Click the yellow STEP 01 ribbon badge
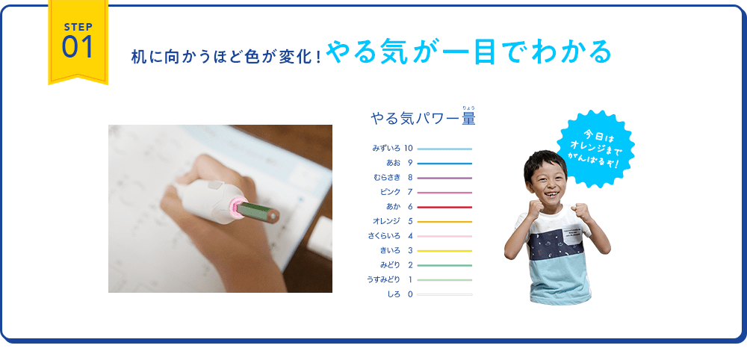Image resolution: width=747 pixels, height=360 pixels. (78, 42)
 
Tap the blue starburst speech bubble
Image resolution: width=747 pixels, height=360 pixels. (595, 148)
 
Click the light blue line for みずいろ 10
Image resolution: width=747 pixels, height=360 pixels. (444, 149)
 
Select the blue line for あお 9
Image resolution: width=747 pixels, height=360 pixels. (444, 164)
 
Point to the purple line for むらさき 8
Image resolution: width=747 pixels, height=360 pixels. (444, 178)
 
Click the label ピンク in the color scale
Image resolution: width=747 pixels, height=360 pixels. (390, 193)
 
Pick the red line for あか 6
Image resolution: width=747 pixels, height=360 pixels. (444, 207)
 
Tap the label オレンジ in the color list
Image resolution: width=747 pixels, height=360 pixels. (386, 221)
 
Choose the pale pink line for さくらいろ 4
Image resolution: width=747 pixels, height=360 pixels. (444, 236)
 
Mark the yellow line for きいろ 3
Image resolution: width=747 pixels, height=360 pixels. (444, 251)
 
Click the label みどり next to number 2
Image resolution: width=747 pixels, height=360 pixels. (390, 265)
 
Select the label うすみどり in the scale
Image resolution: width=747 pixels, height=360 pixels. (383, 280)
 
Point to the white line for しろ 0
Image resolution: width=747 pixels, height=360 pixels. (444, 295)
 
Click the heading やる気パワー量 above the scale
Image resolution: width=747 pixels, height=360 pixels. (423, 117)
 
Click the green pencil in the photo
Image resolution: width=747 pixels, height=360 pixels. (258, 211)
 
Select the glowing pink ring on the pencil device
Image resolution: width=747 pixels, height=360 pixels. (236, 207)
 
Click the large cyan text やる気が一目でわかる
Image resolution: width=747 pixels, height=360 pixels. (469, 52)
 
